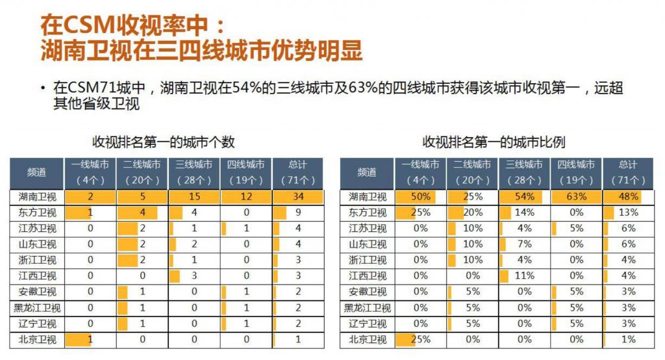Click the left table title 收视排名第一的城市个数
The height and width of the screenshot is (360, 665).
coord(163,142)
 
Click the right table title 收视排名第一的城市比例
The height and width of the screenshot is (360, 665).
coord(494,142)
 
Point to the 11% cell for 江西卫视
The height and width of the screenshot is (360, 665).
coord(524,276)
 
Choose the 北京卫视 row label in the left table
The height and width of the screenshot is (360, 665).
coord(36,339)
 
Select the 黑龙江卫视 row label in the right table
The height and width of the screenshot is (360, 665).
coord(367,307)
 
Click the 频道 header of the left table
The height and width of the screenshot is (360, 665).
coord(36,173)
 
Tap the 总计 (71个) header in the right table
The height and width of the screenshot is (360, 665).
coord(628,173)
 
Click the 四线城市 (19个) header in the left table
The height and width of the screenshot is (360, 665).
coord(245,173)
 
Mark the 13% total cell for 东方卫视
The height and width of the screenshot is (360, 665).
coord(628,212)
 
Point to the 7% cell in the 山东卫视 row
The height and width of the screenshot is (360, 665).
coord(524,244)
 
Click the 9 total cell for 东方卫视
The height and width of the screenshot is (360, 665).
coord(297,212)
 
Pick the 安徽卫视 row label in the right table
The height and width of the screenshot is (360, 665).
coord(367,292)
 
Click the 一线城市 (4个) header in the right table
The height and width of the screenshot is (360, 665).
coord(420,173)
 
